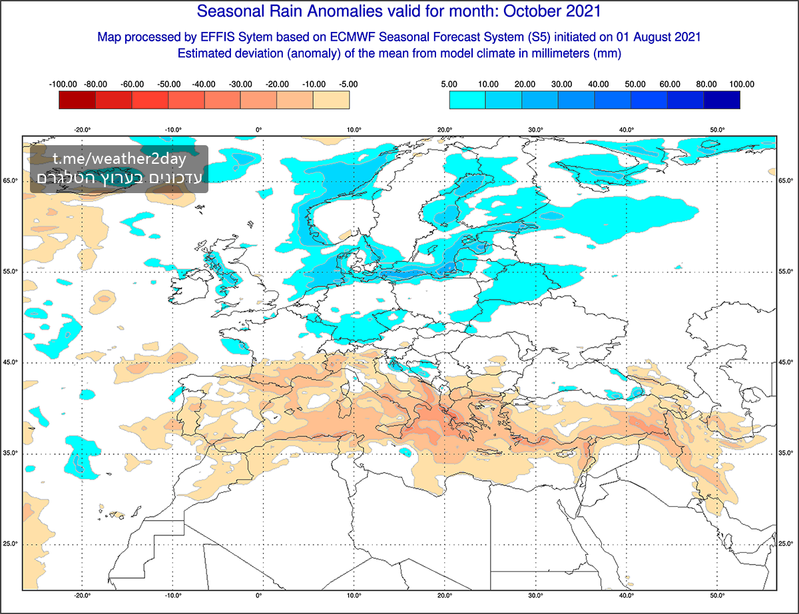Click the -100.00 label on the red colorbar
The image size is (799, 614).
(x=63, y=85)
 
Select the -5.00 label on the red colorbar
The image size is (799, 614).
(x=348, y=85)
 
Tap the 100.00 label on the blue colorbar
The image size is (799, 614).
(x=741, y=85)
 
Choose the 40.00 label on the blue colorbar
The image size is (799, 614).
(x=599, y=85)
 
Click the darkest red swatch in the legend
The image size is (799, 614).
(x=77, y=100)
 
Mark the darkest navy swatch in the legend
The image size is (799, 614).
(x=722, y=100)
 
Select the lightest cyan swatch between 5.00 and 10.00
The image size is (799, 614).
(x=467, y=100)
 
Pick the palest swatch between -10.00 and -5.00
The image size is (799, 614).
(x=331, y=100)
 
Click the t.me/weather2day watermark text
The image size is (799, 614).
(x=120, y=160)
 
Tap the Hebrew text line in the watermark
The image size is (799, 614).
(x=120, y=178)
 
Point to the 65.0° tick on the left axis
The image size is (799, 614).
(x=11, y=180)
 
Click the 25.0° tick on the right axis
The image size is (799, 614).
(x=787, y=544)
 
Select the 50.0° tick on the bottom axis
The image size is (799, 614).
(x=717, y=596)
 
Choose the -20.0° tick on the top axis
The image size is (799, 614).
(x=83, y=130)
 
